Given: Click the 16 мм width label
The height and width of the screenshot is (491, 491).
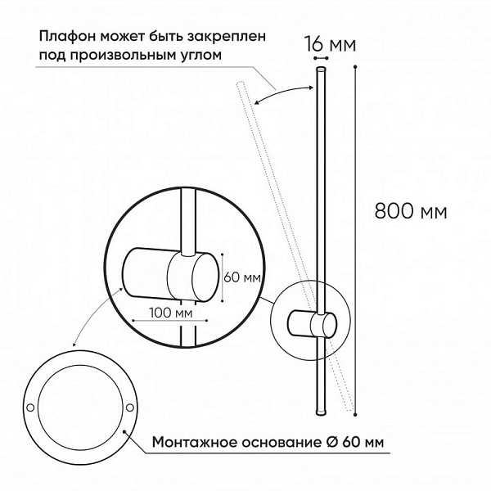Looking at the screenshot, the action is (331, 44).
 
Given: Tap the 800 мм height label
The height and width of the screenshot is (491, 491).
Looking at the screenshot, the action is (411, 211).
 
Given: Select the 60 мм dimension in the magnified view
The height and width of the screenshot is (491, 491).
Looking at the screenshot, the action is (242, 277).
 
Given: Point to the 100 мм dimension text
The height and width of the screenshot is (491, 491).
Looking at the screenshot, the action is (171, 313).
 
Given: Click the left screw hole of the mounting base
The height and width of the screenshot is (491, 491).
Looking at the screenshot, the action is (30, 408).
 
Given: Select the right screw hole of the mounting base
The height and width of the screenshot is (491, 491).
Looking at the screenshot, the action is (130, 408).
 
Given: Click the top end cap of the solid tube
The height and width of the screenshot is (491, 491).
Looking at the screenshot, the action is (322, 69).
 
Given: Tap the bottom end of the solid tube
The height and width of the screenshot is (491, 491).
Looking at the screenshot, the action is (321, 412).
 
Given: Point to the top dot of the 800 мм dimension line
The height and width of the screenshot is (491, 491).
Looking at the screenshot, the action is (355, 67).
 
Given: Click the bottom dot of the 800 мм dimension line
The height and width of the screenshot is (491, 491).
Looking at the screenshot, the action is (355, 414).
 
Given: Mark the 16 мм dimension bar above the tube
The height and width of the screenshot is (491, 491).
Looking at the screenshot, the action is (322, 58).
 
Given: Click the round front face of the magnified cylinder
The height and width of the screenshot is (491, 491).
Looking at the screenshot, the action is (205, 277).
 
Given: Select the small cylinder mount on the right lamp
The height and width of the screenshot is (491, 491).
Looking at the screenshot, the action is (312, 324).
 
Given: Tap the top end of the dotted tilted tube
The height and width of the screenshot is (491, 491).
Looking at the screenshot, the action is (241, 83).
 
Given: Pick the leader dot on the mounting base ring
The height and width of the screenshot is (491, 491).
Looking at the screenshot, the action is (124, 431).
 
